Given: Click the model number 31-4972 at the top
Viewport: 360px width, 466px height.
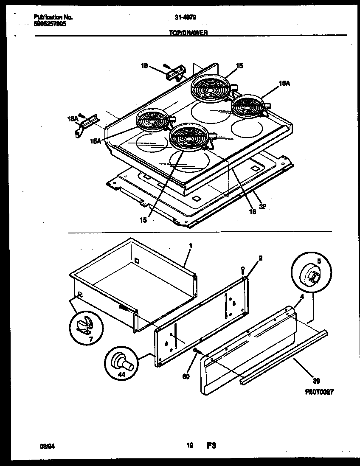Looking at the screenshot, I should (x=185, y=17).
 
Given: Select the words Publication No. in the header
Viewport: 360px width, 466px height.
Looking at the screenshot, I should (x=53, y=17).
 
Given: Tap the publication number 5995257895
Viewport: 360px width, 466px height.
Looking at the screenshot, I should (x=50, y=24).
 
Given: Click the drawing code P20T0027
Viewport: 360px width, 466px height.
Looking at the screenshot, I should (x=318, y=392).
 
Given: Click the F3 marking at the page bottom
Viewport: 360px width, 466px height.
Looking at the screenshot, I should (x=212, y=446).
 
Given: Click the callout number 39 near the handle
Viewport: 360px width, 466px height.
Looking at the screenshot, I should (x=316, y=381).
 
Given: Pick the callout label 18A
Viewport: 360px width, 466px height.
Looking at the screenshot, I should (x=73, y=120).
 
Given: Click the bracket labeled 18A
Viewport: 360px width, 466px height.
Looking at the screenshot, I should (x=85, y=126).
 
